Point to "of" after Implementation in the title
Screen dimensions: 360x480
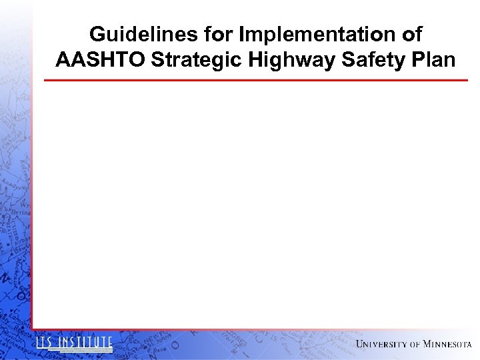coord(410,35)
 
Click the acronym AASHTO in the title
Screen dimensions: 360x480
coord(101,61)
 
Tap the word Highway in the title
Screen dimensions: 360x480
coord(292,61)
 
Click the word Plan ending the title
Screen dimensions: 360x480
coord(433,61)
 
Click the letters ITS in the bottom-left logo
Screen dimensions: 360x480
coord(45,343)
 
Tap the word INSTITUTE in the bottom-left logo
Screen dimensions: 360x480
coord(85,343)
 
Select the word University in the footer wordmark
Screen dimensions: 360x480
coord(381,344)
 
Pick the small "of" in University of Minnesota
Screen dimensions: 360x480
coord(415,344)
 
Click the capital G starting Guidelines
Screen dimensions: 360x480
coord(97,35)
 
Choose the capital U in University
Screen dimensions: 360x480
coord(361,344)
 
